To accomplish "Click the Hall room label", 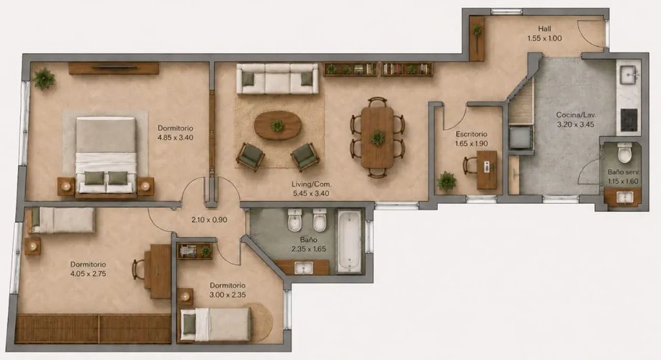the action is (x=544, y=29).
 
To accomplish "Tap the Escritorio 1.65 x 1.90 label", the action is (x=471, y=139).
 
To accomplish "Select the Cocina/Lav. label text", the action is (x=576, y=114).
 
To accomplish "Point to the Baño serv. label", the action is (x=623, y=172).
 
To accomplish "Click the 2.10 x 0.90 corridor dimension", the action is (x=209, y=220).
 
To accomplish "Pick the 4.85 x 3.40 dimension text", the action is (x=175, y=138).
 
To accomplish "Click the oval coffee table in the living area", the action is (x=278, y=125).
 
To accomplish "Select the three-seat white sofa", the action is (x=277, y=78).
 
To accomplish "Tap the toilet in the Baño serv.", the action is (x=625, y=153).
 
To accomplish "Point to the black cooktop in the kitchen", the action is (x=629, y=120).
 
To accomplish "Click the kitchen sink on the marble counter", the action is (x=629, y=76).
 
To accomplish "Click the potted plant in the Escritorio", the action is (x=446, y=181).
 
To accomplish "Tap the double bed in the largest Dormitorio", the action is (x=106, y=157).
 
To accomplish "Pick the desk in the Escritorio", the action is (x=487, y=169).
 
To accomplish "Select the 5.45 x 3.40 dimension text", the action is (x=311, y=193).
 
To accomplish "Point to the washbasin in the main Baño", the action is (x=304, y=268).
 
